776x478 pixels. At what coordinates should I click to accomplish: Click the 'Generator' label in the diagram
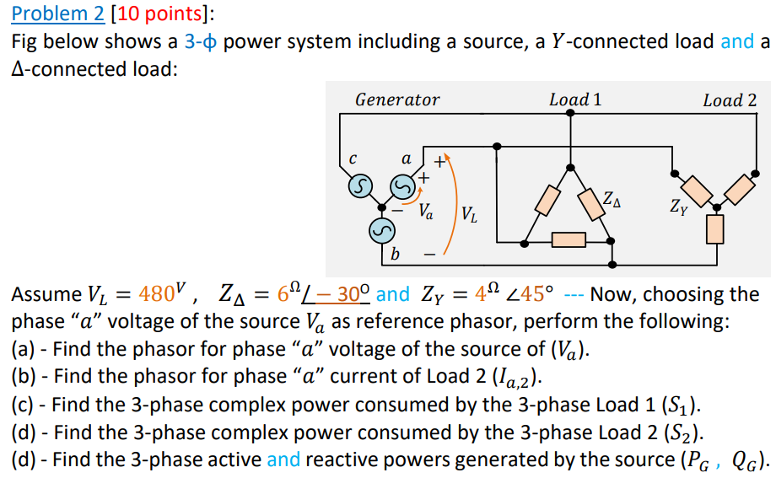click(397, 100)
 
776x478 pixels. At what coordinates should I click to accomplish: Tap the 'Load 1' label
click(575, 99)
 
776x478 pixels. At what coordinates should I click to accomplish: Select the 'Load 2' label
click(730, 100)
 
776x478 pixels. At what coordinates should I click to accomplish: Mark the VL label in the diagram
click(470, 214)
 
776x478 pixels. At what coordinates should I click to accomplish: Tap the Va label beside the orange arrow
click(427, 211)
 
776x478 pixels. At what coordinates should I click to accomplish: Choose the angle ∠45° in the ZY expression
click(531, 295)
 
